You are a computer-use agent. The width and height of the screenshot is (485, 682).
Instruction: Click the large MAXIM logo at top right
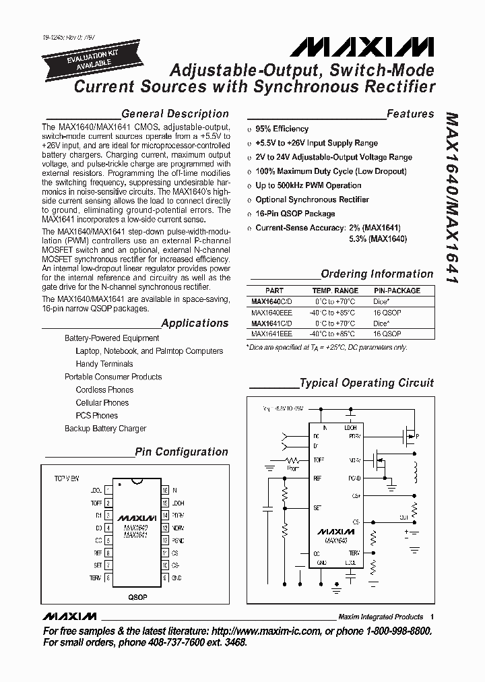click(362, 46)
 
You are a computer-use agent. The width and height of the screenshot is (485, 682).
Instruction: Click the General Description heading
click(174, 114)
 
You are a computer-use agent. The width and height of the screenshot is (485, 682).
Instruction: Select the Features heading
click(410, 114)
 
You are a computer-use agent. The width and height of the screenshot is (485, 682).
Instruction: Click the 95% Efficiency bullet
click(282, 129)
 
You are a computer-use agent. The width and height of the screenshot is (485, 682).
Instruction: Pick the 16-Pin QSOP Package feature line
click(294, 214)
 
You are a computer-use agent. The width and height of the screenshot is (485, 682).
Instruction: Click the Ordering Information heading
click(377, 274)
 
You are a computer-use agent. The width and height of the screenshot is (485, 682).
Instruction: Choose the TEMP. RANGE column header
click(334, 290)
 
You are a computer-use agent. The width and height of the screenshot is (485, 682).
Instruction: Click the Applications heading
click(195, 323)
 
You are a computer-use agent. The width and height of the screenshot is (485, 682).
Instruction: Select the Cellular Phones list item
click(102, 402)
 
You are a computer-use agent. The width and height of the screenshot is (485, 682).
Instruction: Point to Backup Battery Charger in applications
click(105, 428)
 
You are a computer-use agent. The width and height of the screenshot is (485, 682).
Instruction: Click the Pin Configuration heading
click(181, 452)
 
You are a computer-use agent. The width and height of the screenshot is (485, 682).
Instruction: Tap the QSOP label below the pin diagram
click(137, 597)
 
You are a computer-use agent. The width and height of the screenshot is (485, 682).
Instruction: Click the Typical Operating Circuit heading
click(366, 383)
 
